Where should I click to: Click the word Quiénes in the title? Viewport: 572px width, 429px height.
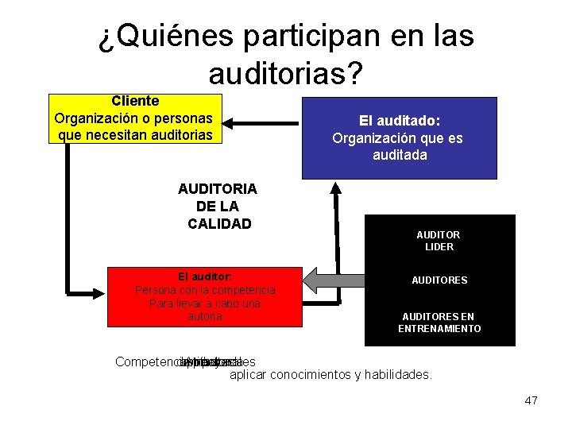pyautogui.click(x=164, y=36)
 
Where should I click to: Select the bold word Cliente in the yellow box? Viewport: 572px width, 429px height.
pyautogui.click(x=135, y=101)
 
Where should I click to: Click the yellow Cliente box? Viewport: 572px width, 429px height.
pyautogui.click(x=135, y=118)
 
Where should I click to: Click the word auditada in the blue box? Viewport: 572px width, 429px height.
pyautogui.click(x=399, y=155)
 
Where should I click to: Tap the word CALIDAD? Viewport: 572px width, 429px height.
pyautogui.click(x=218, y=224)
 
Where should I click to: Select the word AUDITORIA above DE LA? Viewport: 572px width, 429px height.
pyautogui.click(x=217, y=189)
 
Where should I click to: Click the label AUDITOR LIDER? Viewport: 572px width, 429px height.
pyautogui.click(x=439, y=241)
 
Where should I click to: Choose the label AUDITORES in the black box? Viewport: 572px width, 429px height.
pyautogui.click(x=439, y=280)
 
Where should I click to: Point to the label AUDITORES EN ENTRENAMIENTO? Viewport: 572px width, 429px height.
pyautogui.click(x=439, y=323)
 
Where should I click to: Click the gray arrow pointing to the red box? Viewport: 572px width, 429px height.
pyautogui.click(x=333, y=280)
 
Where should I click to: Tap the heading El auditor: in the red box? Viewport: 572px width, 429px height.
pyautogui.click(x=205, y=276)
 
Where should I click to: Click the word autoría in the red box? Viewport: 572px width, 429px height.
pyautogui.click(x=205, y=317)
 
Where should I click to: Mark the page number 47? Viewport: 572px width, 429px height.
pyautogui.click(x=531, y=400)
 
